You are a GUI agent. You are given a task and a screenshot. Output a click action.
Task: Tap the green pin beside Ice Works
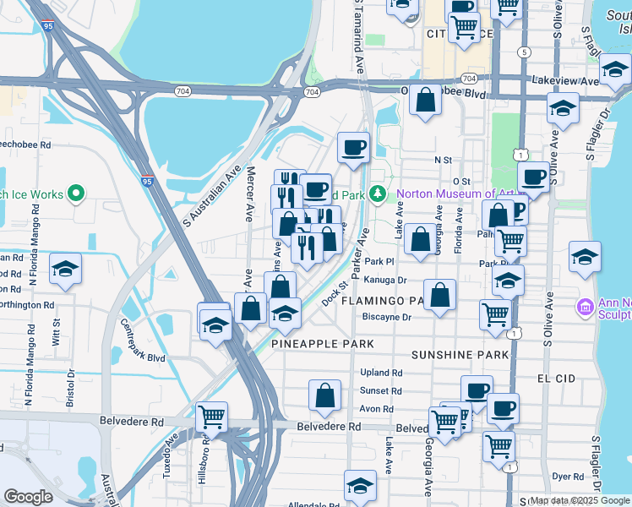tap(76, 194)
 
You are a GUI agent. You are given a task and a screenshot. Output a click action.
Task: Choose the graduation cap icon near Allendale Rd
tap(360, 487)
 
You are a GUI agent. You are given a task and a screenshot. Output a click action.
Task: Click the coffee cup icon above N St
tap(353, 147)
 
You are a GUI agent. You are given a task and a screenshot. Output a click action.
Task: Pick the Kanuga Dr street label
tap(388, 280)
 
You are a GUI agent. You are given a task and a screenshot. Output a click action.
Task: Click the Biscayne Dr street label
tap(386, 318)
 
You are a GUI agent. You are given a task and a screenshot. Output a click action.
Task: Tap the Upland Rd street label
tap(380, 373)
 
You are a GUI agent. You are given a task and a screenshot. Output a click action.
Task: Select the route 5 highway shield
tap(526, 52)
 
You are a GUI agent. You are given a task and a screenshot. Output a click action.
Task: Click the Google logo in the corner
tap(29, 497)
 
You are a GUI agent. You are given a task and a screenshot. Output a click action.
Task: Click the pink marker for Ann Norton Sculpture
tap(584, 305)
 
